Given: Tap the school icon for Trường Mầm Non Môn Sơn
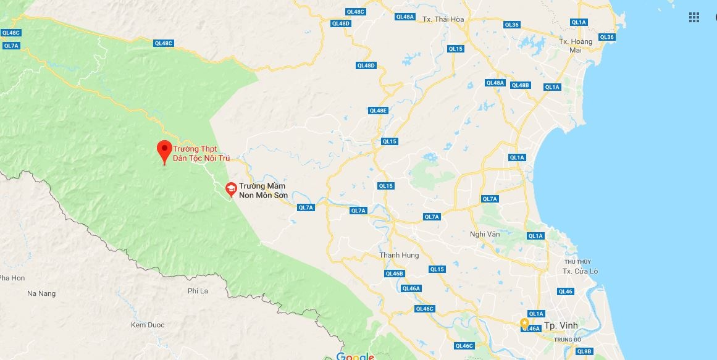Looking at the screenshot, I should [x=231, y=188].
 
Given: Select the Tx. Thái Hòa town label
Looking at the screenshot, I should [x=443, y=19].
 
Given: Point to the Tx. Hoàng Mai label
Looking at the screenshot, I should [x=576, y=46].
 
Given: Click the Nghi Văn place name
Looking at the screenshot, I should [x=485, y=234].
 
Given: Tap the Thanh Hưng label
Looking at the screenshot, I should [x=399, y=255].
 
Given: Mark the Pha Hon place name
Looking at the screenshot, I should [x=12, y=278].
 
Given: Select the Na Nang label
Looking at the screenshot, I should [x=41, y=293].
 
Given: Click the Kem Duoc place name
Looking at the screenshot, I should [x=146, y=325].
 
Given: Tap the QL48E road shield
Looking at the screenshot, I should [x=378, y=111].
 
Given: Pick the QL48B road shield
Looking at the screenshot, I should [x=521, y=85].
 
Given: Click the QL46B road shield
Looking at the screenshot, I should [x=394, y=274].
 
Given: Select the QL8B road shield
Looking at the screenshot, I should [x=584, y=351].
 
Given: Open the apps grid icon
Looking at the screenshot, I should [x=694, y=17].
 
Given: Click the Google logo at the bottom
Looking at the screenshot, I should [x=355, y=356].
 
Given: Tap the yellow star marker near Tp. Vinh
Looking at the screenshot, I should [x=524, y=322].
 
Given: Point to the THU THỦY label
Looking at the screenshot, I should [x=586, y=262].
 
